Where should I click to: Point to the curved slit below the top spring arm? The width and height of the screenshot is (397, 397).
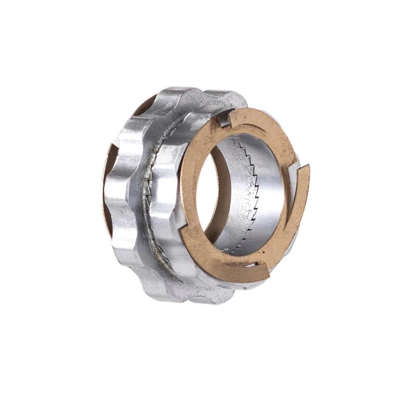(x=248, y=124)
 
